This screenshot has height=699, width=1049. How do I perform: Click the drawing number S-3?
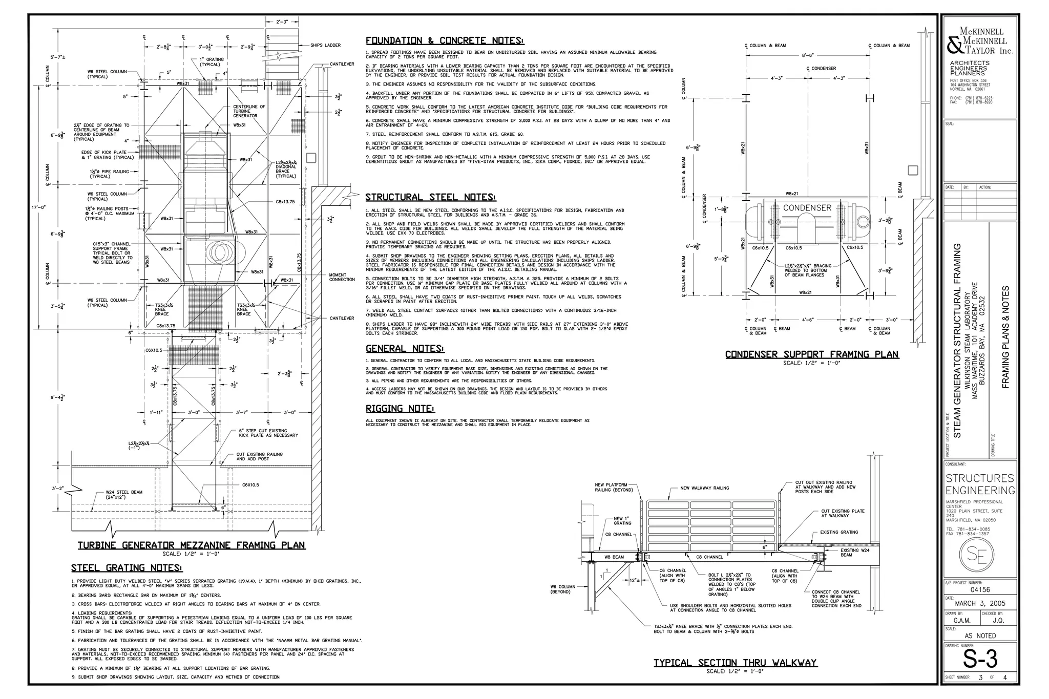pos(980,660)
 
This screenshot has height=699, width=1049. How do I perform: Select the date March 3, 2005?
pos(980,603)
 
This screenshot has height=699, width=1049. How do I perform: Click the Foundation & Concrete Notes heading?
pos(445,41)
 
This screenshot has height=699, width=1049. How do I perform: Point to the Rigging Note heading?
pos(400,409)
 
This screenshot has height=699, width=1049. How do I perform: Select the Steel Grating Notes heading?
pos(127,568)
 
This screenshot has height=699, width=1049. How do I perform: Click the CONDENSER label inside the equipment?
pos(807,208)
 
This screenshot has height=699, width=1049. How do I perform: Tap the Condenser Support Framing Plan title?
pos(812,354)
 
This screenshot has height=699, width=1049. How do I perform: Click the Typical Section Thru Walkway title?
pos(735,663)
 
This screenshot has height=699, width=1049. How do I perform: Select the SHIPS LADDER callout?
pos(325,45)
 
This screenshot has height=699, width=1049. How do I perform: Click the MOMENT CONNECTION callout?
pos(342,277)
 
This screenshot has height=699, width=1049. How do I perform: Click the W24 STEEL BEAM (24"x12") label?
pos(123,495)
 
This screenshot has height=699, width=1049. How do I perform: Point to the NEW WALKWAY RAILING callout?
pos(704,488)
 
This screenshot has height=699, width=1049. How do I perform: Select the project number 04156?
pos(980,589)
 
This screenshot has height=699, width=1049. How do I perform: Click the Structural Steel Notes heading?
pos(430,197)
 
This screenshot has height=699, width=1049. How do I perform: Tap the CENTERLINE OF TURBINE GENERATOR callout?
pos(249,111)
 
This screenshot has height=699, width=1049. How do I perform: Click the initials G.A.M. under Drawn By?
pos(961,620)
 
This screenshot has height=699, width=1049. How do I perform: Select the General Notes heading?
pos(405,349)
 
